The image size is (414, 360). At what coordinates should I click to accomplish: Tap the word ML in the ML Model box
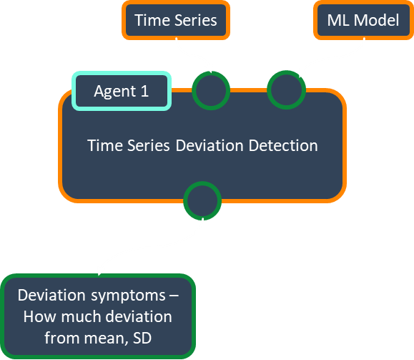(338, 20)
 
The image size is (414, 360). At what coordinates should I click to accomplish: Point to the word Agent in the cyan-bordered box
(115, 92)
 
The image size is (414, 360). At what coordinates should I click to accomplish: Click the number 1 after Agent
(144, 91)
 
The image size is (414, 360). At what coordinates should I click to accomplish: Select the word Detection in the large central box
(283, 145)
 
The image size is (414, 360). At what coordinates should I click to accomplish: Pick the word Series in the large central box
(149, 145)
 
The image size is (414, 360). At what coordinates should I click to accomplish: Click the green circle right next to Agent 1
(211, 90)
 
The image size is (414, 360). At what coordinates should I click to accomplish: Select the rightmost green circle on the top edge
(287, 90)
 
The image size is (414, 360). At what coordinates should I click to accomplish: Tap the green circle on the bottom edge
(202, 200)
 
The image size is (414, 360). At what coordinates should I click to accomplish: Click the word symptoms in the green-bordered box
(128, 296)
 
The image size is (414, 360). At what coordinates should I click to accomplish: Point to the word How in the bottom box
(39, 316)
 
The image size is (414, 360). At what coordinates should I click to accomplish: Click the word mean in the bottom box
(106, 339)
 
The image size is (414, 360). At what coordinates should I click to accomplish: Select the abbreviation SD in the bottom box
(142, 338)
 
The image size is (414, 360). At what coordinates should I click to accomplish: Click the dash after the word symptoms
(174, 296)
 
